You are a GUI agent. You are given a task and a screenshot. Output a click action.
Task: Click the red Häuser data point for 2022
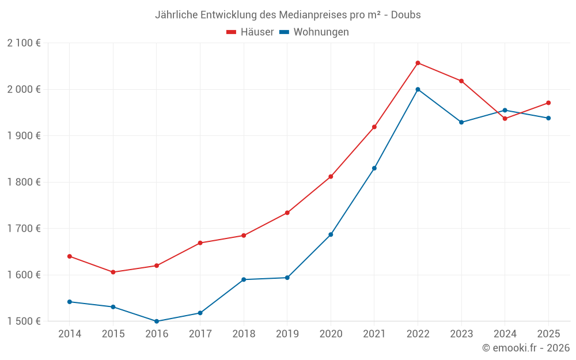pos(418,63)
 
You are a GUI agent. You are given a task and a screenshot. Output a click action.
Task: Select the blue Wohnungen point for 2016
pos(157,321)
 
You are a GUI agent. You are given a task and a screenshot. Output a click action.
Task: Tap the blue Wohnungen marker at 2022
pos(418,89)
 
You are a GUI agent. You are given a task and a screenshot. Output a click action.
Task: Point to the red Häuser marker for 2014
pos(70,256)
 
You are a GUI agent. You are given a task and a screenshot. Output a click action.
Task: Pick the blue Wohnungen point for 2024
pos(505,110)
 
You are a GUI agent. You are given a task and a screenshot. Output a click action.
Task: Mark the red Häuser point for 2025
pos(548,103)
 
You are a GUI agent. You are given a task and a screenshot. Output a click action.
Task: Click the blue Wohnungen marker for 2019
pos(287,278)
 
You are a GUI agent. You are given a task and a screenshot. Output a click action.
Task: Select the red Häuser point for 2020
pos(331,177)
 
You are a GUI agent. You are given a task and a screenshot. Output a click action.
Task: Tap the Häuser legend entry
pos(250,32)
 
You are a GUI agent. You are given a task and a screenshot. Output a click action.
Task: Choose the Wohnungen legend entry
pos(314,32)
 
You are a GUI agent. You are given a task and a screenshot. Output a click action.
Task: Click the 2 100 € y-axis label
pos(24,43)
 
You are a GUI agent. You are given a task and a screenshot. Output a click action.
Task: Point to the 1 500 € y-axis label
pos(24,321)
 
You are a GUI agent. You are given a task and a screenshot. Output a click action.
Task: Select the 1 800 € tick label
pos(24,182)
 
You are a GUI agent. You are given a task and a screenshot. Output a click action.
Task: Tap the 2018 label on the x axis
pos(244,334)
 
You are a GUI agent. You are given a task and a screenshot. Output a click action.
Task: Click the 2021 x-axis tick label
pos(374,334)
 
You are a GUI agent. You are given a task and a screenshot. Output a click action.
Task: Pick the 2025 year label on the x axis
pos(548,334)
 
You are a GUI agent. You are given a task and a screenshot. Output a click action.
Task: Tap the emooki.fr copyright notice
pos(525,348)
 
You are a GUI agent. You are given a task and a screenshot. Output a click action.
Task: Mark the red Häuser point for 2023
pos(461,81)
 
